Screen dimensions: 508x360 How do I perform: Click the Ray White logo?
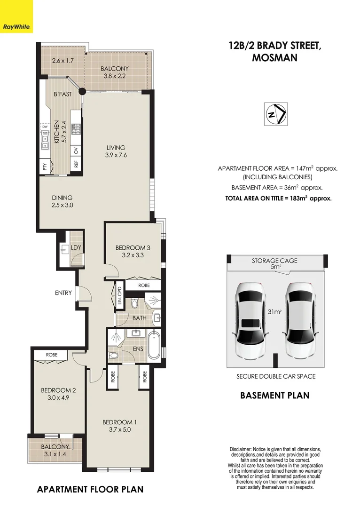(x=16, y=16)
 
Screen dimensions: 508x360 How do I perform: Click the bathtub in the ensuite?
(x=153, y=347)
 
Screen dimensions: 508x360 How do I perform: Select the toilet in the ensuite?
(x=114, y=355)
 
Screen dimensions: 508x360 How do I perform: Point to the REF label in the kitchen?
(x=76, y=164)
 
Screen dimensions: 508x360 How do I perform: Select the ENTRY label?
(x=63, y=293)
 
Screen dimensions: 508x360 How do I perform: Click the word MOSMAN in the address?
(x=275, y=57)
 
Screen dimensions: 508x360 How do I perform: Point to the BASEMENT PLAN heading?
(x=274, y=395)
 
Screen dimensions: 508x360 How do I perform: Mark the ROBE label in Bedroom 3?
(x=144, y=286)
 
